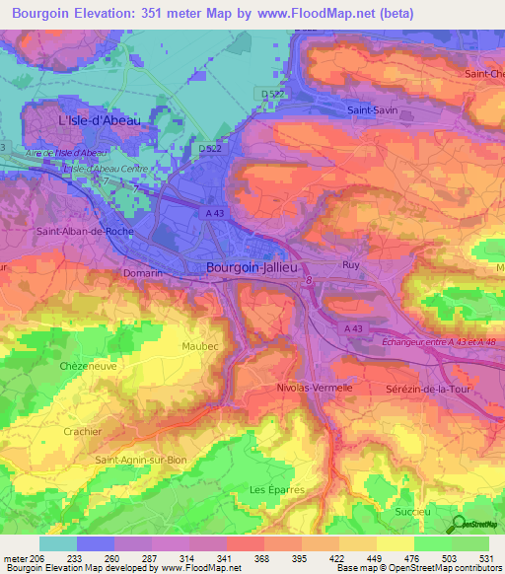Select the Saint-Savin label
(371, 110)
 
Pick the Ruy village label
(350, 265)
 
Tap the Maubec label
(200, 346)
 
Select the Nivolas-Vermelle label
(315, 388)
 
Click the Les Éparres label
(271, 490)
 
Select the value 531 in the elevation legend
(469, 557)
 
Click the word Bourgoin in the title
(42, 13)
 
